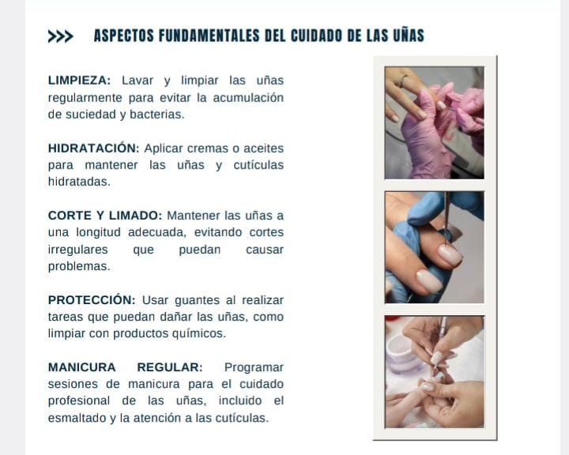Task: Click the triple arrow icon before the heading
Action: (61, 36)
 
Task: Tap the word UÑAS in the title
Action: (409, 36)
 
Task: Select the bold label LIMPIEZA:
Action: (80, 81)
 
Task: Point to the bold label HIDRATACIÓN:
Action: (93, 148)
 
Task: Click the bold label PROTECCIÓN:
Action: (92, 300)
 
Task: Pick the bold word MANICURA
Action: (81, 367)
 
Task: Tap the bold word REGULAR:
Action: (170, 367)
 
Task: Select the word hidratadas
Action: (79, 182)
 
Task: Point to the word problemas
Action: (79, 267)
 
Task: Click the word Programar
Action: (254, 367)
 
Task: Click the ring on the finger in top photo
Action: (403, 81)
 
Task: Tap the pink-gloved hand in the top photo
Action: (428, 138)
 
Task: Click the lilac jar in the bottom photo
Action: (404, 354)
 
